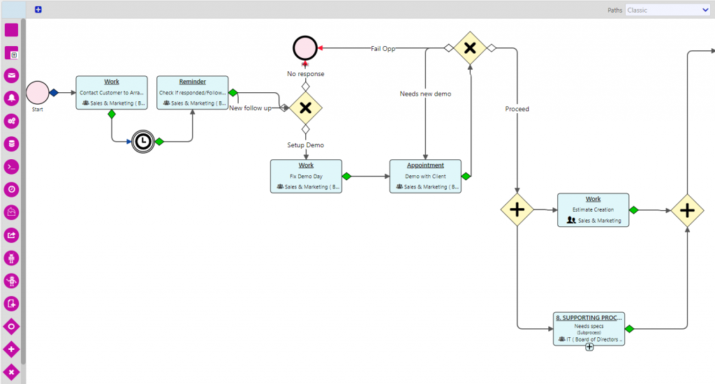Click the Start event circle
[x=38, y=92]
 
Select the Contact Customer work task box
[x=112, y=93]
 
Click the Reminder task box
[x=192, y=93]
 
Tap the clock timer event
[x=142, y=142]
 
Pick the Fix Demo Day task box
[x=306, y=176]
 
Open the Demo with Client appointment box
[x=425, y=176]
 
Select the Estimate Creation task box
[x=593, y=210]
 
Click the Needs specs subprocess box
[x=589, y=328]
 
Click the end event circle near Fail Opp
[x=304, y=48]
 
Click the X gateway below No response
[x=305, y=108]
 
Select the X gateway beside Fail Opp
[x=470, y=48]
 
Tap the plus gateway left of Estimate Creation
[x=517, y=209]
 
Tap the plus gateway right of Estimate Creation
[x=687, y=209]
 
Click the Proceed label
[x=517, y=109]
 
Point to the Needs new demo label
[x=425, y=94]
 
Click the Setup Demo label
[x=305, y=145]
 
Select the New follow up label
[x=250, y=108]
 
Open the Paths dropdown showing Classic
[x=668, y=10]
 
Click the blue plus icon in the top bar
[x=38, y=10]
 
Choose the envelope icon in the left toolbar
[x=12, y=75]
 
